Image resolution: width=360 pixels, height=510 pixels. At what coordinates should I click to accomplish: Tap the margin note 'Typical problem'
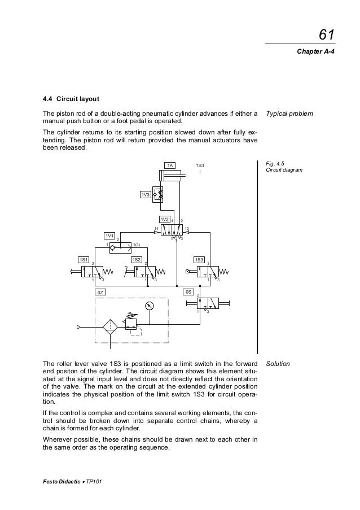289,114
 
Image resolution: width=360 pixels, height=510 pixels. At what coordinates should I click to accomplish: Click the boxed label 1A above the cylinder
169,165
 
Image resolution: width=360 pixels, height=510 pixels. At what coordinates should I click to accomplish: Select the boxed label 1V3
146,195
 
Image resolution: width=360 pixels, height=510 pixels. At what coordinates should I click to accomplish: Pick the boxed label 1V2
165,219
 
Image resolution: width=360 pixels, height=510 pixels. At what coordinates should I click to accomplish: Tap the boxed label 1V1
109,235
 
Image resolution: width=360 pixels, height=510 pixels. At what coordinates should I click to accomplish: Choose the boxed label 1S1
84,259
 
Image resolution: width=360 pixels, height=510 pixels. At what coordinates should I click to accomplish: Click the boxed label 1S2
136,259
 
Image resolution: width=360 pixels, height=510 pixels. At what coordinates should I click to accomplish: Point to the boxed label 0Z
99,293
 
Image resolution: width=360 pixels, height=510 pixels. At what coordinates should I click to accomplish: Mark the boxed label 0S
190,293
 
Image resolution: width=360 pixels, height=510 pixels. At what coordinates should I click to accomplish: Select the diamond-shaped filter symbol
109,326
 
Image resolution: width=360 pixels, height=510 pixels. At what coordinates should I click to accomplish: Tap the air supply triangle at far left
78,326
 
